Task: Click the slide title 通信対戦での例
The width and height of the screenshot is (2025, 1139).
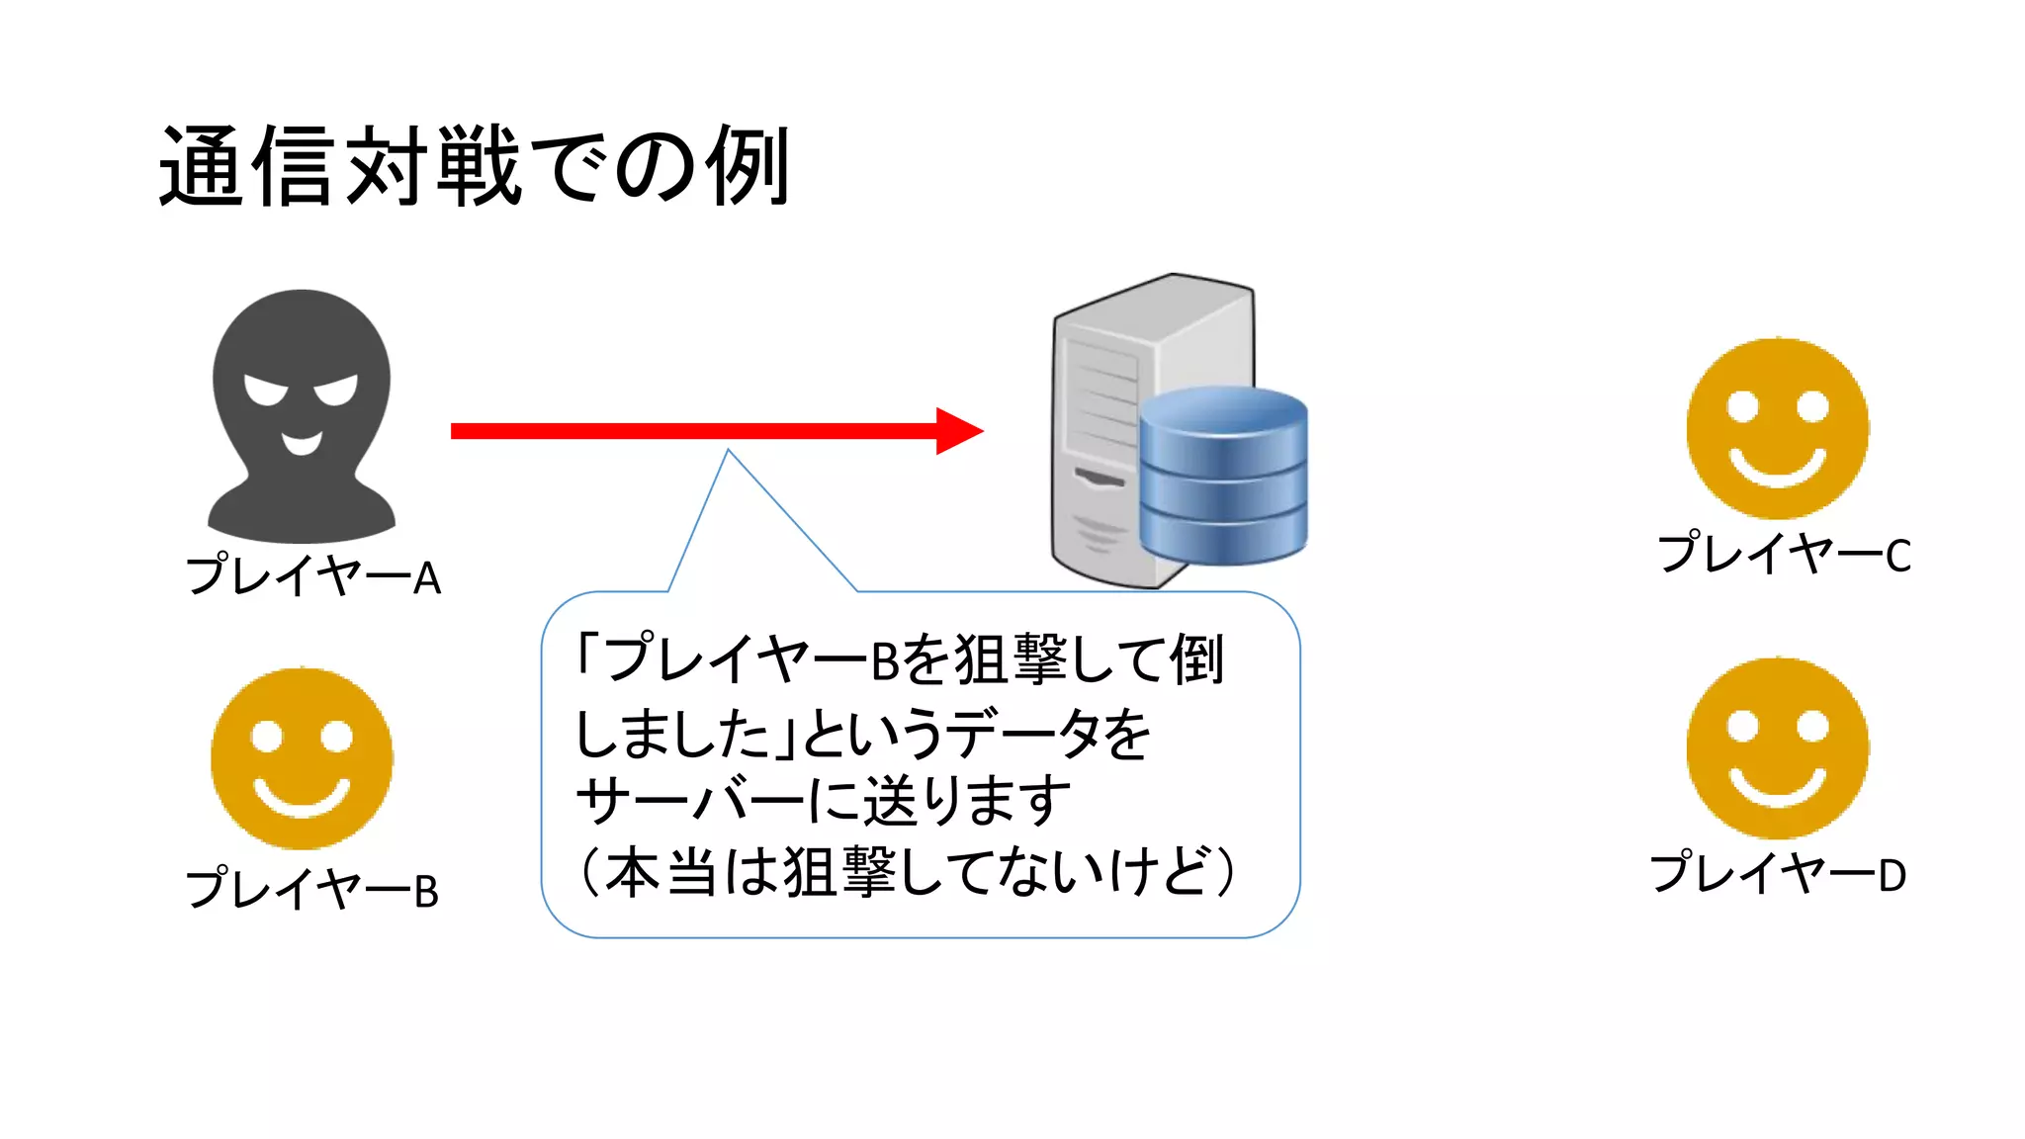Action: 475,166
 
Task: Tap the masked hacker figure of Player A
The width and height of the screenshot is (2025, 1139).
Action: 302,415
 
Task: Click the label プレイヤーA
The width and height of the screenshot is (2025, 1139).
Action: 313,576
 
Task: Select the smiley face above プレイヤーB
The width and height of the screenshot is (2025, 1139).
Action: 302,758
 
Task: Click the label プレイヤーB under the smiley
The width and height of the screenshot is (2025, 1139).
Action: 312,889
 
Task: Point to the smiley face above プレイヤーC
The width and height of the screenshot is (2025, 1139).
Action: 1777,428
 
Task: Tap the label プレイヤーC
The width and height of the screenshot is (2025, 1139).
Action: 1784,554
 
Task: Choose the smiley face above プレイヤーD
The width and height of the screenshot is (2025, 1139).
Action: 1777,748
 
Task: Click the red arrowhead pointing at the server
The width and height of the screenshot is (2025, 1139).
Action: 957,431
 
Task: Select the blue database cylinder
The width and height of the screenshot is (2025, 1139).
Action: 1223,475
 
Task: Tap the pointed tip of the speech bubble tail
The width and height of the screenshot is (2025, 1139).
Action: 728,452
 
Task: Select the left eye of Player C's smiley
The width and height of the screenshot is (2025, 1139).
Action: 1742,406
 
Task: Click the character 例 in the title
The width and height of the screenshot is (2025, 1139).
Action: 748,166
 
